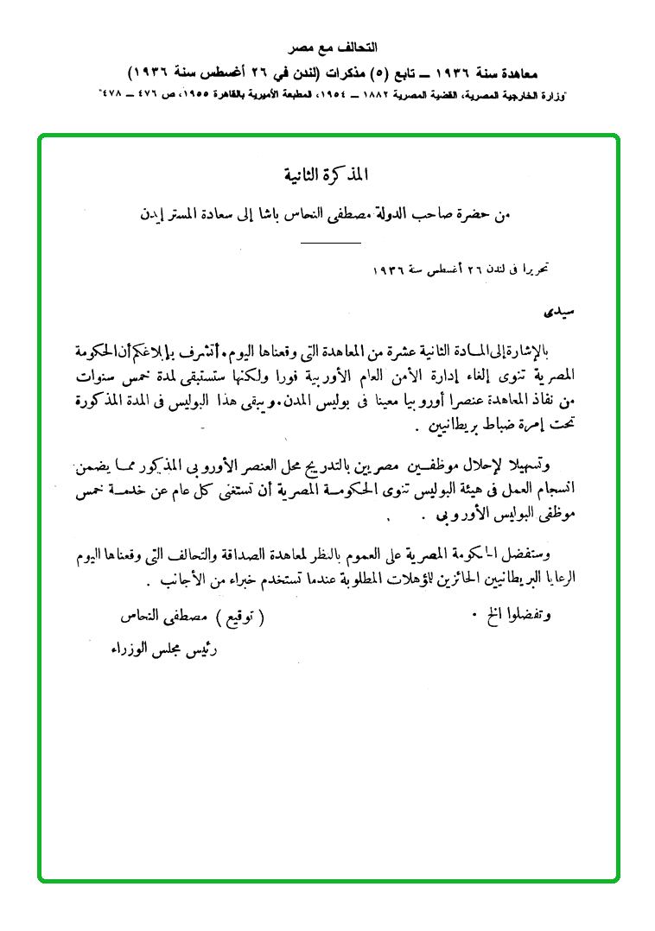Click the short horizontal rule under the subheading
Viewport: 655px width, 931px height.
click(330, 244)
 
